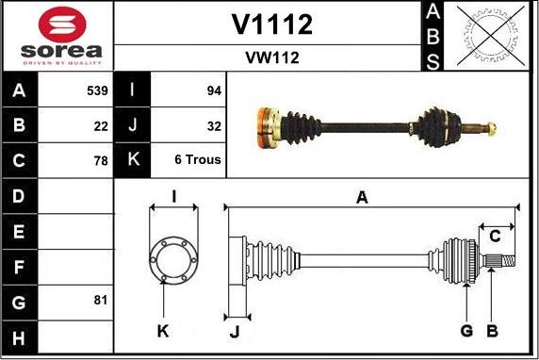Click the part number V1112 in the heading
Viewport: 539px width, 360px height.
[271, 25]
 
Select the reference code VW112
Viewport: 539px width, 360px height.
[271, 57]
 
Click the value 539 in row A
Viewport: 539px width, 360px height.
[96, 91]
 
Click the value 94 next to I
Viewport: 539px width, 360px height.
[213, 91]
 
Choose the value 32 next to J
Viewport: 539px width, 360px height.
[213, 125]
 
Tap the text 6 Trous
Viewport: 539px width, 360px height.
[198, 160]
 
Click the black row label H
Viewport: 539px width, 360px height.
[20, 335]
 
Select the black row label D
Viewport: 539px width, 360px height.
[20, 196]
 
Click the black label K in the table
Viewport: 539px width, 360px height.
[132, 160]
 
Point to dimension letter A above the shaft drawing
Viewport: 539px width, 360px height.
[361, 197]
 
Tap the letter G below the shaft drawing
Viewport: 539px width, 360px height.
[466, 330]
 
